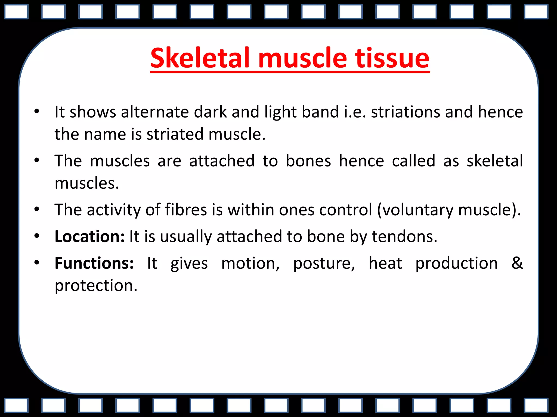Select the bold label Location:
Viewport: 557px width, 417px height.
coord(89,236)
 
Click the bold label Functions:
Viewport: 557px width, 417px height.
coord(94,263)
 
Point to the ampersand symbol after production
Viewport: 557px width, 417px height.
coord(517,263)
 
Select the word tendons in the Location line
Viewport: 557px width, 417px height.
coord(404,236)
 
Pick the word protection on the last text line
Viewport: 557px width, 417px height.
coord(96,286)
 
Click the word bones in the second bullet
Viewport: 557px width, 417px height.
coord(308,161)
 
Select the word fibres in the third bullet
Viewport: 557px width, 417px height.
coord(186,210)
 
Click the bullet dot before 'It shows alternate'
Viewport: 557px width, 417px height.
coord(37,111)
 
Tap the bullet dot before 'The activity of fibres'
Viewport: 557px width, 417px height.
coord(37,209)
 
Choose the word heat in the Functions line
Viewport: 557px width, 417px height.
coord(385,263)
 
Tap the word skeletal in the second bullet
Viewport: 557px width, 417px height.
coord(495,161)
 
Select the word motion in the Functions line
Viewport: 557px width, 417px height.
coord(250,263)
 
